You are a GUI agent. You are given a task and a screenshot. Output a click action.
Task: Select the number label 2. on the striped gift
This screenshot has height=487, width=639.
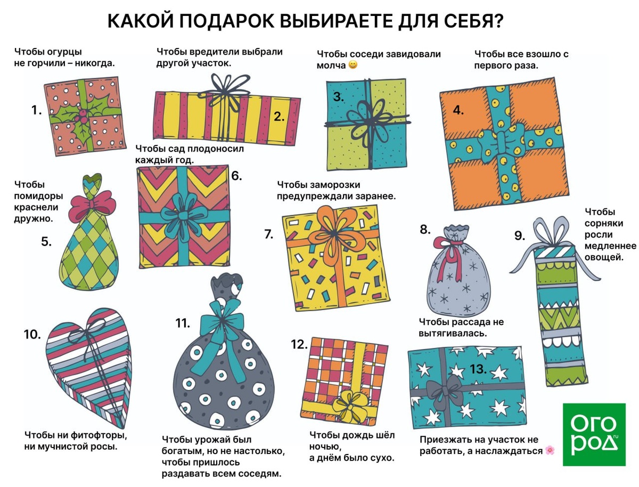[x=279, y=117]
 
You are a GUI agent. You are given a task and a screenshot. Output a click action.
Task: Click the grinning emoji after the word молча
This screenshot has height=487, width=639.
[x=353, y=65]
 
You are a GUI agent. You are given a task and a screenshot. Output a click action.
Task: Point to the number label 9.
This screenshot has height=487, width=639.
[x=520, y=235]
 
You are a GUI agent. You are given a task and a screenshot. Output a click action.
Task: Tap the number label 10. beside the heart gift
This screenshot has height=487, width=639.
[x=32, y=335]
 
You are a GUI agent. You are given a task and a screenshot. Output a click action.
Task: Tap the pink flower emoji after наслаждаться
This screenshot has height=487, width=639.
[x=550, y=450]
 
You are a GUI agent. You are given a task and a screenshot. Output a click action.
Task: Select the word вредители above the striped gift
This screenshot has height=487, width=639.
[x=215, y=52]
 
